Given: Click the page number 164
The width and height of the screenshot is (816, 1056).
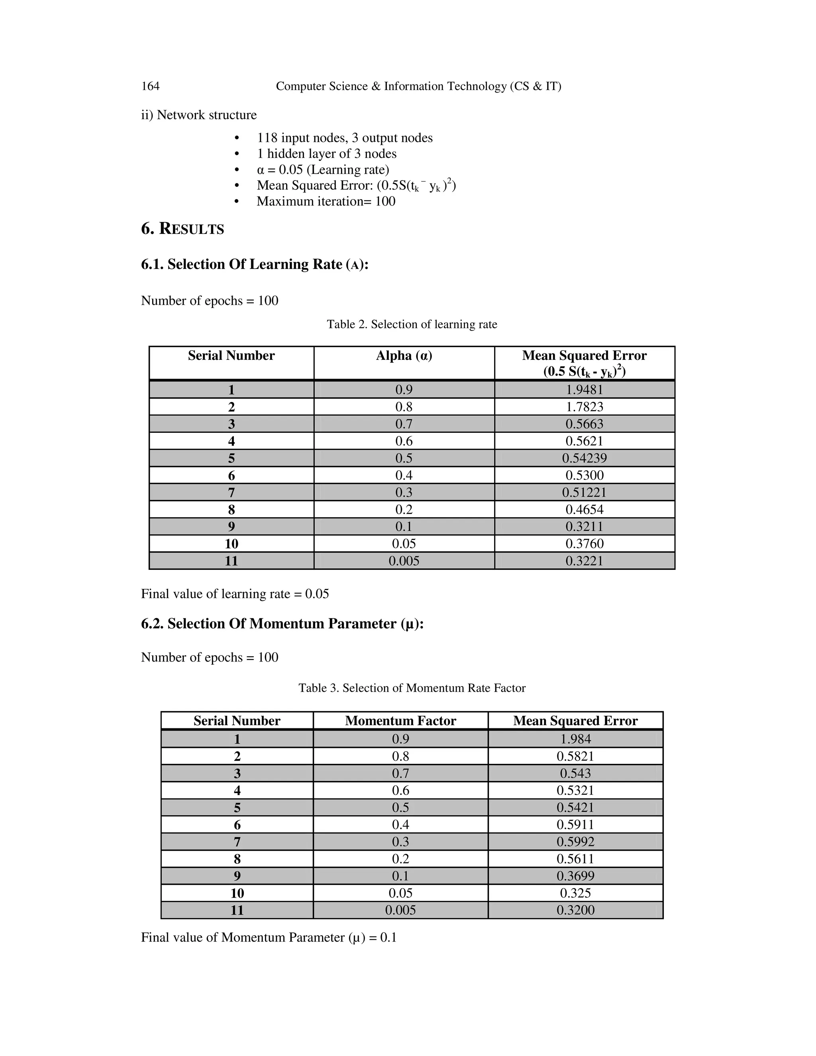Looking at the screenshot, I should point(150,86).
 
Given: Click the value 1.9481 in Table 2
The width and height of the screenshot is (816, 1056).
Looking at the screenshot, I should point(585,390).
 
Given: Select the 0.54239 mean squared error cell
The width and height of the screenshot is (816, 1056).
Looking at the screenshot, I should point(585,458).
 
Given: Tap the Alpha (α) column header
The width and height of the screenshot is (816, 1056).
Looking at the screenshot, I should point(404,356).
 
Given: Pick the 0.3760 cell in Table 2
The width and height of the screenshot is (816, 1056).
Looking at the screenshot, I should point(585,544).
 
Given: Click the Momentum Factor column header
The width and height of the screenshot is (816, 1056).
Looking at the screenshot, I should point(400,721).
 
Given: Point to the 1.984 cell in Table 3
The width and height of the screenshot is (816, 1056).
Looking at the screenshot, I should point(575,739).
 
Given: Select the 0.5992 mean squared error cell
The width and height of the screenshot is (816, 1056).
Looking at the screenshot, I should point(575,842).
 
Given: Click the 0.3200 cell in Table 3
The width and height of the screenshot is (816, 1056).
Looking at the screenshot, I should point(575,910).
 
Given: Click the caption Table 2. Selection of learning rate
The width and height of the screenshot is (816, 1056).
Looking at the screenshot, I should point(412,324).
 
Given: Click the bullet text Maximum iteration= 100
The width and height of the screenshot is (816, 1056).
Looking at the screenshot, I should point(326,201).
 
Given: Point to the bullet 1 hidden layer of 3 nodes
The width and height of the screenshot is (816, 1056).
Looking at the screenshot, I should point(326,154).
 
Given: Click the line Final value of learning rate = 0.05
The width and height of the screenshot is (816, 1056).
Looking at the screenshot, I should point(235,594).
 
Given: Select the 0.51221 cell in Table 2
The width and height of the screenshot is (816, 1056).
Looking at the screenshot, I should point(585,492).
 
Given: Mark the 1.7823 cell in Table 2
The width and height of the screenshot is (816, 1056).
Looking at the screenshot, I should point(585,406).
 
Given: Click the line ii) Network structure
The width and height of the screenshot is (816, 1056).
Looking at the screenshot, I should point(199,115).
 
